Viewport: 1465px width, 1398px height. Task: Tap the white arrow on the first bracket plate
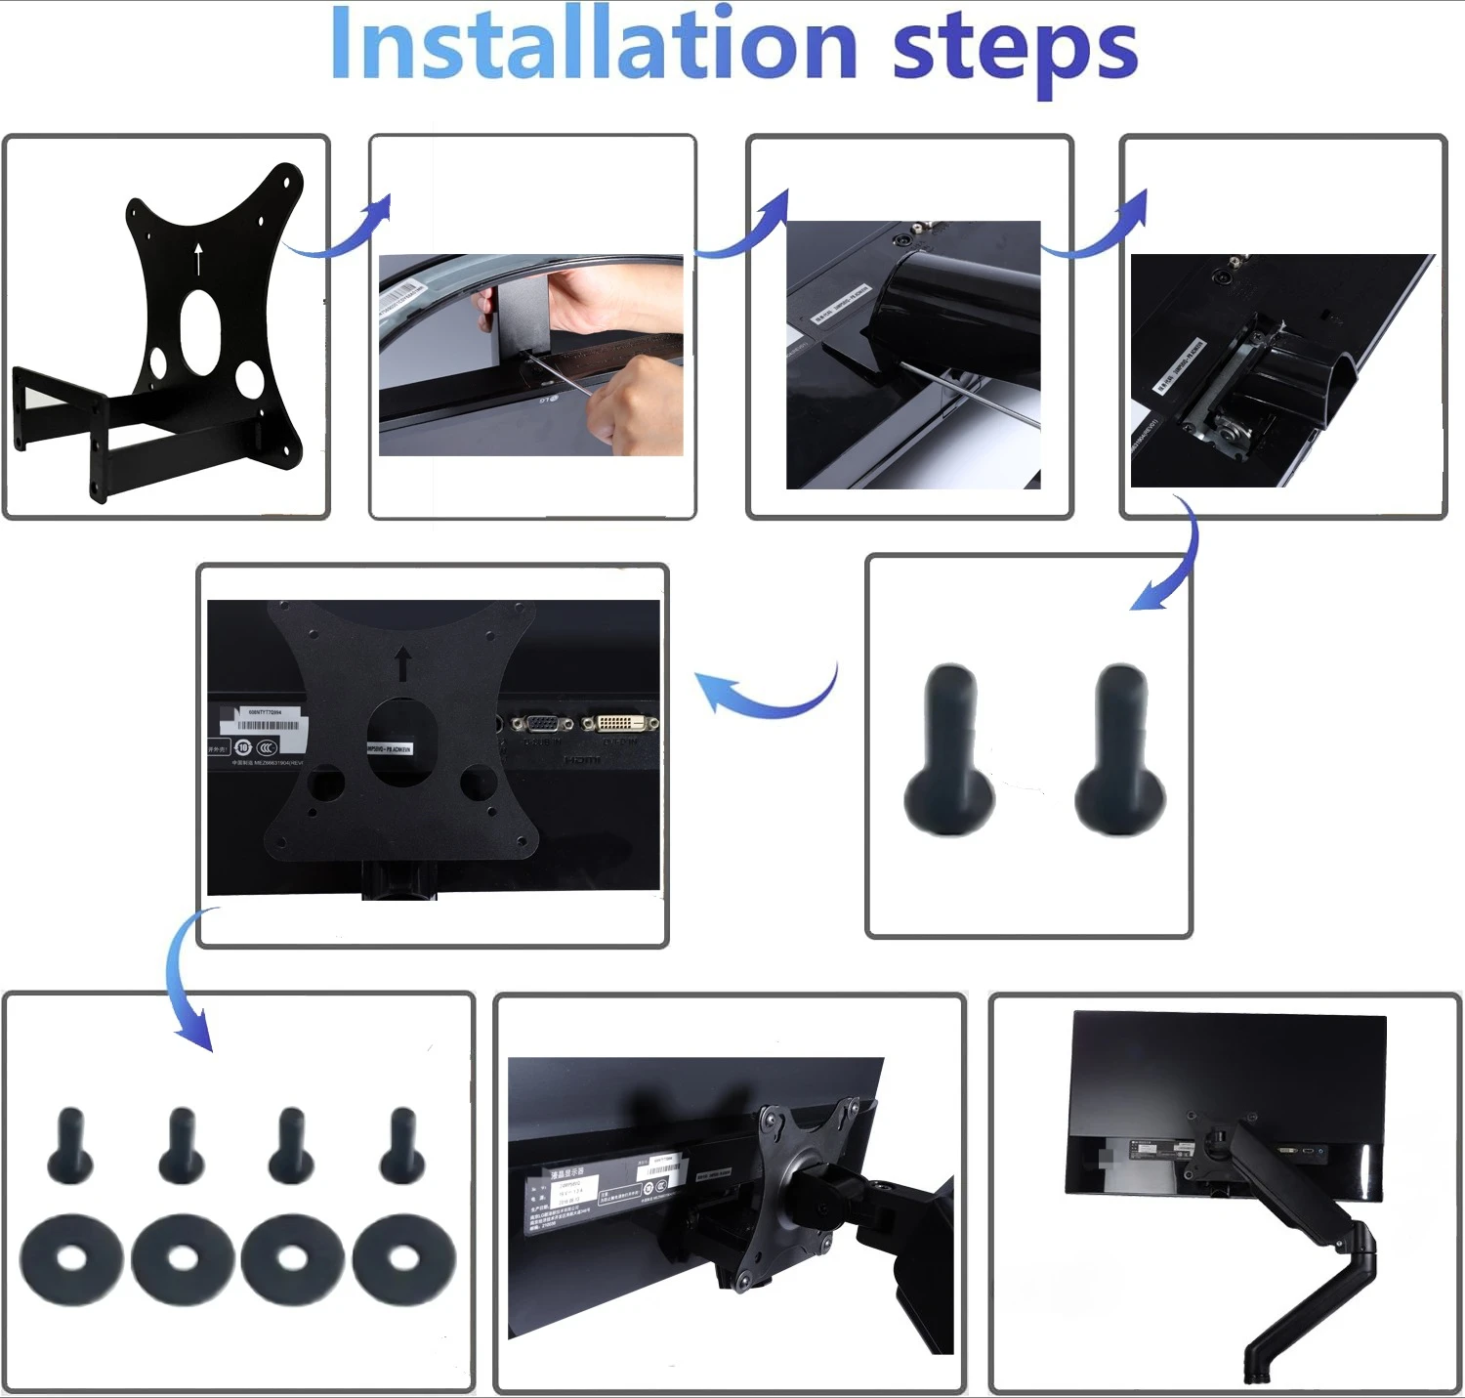tap(198, 259)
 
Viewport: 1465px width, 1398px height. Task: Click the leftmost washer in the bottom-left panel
tap(71, 1259)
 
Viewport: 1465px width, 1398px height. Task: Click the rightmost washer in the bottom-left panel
tap(403, 1259)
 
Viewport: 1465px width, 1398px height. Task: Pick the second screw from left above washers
tap(182, 1144)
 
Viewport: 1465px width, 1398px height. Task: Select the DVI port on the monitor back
tap(619, 724)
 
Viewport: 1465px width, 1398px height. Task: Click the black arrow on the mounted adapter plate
tap(402, 663)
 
